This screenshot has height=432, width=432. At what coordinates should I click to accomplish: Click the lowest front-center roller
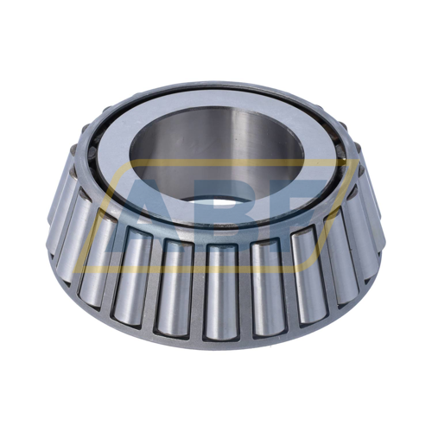coord(221,289)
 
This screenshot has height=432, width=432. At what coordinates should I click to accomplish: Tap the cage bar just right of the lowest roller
coord(243,289)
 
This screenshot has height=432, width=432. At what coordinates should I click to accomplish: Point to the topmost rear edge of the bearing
coord(216,83)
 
